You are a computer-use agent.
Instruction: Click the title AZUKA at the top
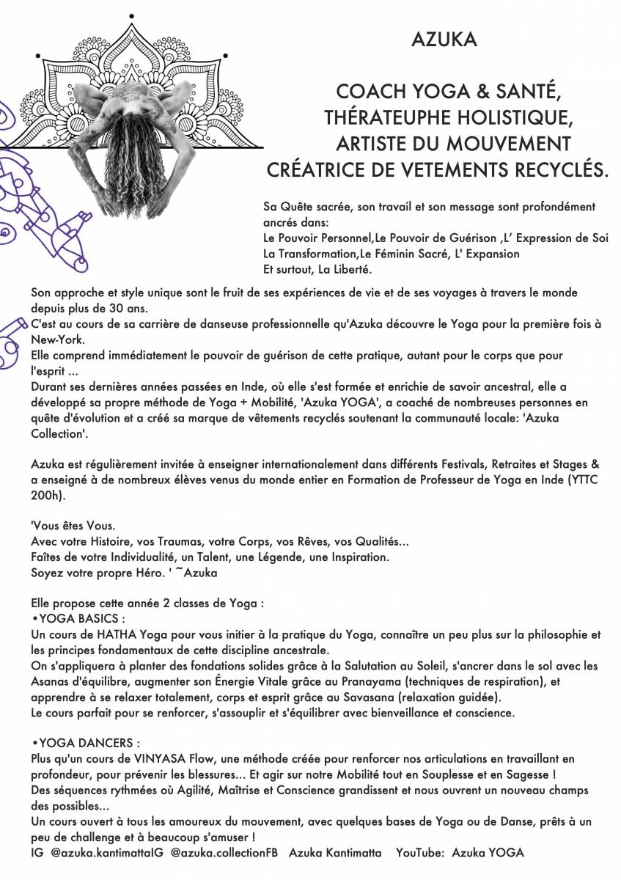[x=444, y=41]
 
